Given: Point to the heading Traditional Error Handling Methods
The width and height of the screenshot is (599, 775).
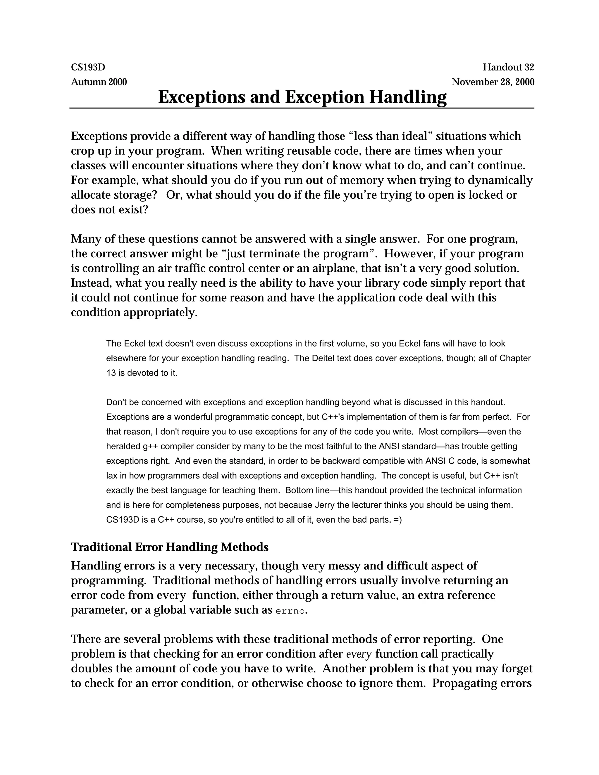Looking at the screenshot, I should pyautogui.click(x=170, y=547).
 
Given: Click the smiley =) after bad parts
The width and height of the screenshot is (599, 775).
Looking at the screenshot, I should pyautogui.click(x=397, y=520).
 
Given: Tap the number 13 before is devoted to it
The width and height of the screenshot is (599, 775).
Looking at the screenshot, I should pyautogui.click(x=111, y=373).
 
